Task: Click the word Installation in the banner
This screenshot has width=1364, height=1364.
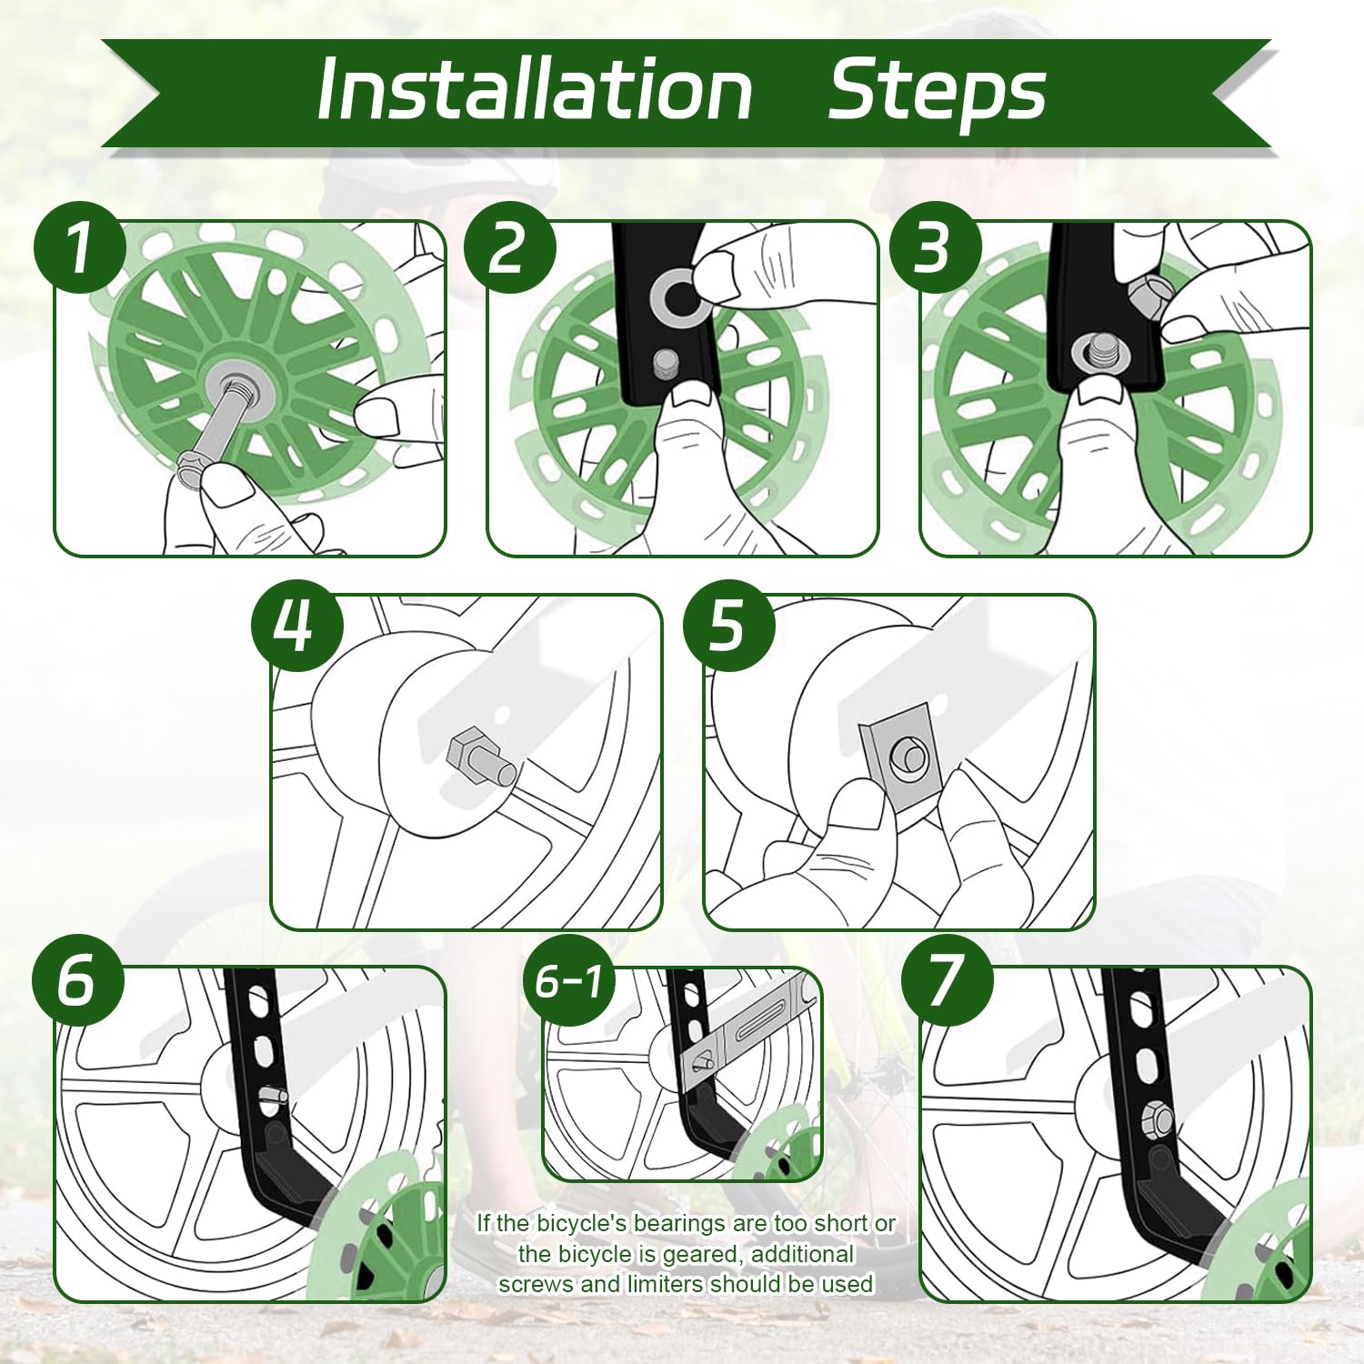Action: pyautogui.click(x=535, y=89)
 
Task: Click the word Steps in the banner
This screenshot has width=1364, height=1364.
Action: pyautogui.click(x=937, y=89)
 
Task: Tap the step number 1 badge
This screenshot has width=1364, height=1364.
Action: pyautogui.click(x=80, y=247)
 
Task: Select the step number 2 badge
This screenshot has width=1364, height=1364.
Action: pyautogui.click(x=509, y=247)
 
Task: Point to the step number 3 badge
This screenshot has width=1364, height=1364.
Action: pyautogui.click(x=935, y=247)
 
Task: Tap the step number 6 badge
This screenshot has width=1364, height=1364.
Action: pyautogui.click(x=77, y=980)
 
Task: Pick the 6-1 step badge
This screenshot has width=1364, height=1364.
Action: pyautogui.click(x=569, y=980)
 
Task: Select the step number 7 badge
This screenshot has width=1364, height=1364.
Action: pyautogui.click(x=946, y=980)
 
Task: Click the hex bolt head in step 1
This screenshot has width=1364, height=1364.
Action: pyautogui.click(x=193, y=471)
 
